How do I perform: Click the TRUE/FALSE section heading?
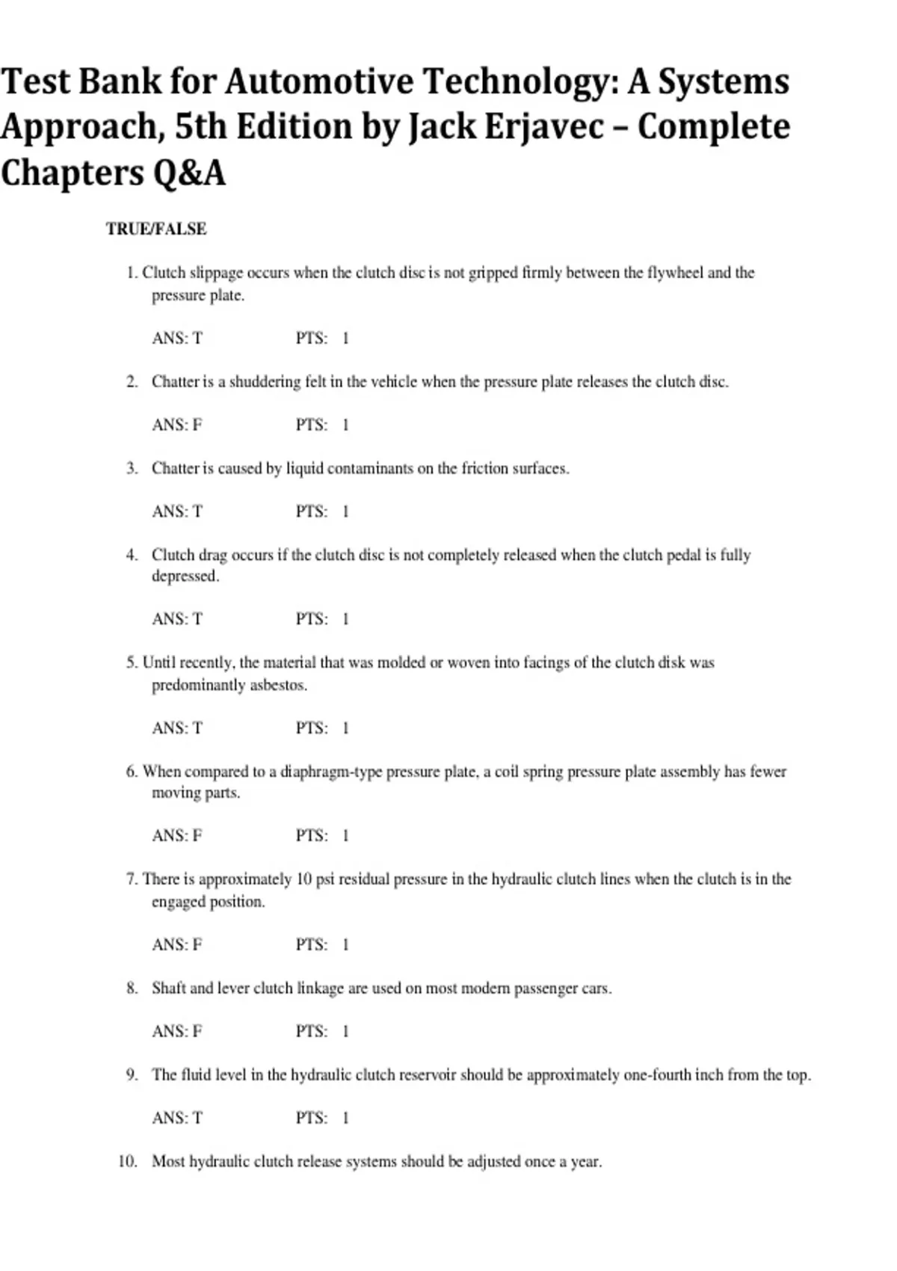(x=155, y=229)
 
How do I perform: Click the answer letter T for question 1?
(x=197, y=338)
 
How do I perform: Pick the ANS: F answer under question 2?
(x=177, y=425)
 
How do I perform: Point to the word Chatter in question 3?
(x=176, y=468)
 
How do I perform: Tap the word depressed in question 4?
(x=185, y=576)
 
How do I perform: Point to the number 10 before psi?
(x=303, y=878)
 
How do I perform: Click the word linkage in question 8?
(x=320, y=988)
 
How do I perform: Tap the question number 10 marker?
(x=128, y=1161)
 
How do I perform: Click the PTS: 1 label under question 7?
(x=322, y=944)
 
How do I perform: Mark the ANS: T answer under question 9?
(x=177, y=1118)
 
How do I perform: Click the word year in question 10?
(x=585, y=1162)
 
